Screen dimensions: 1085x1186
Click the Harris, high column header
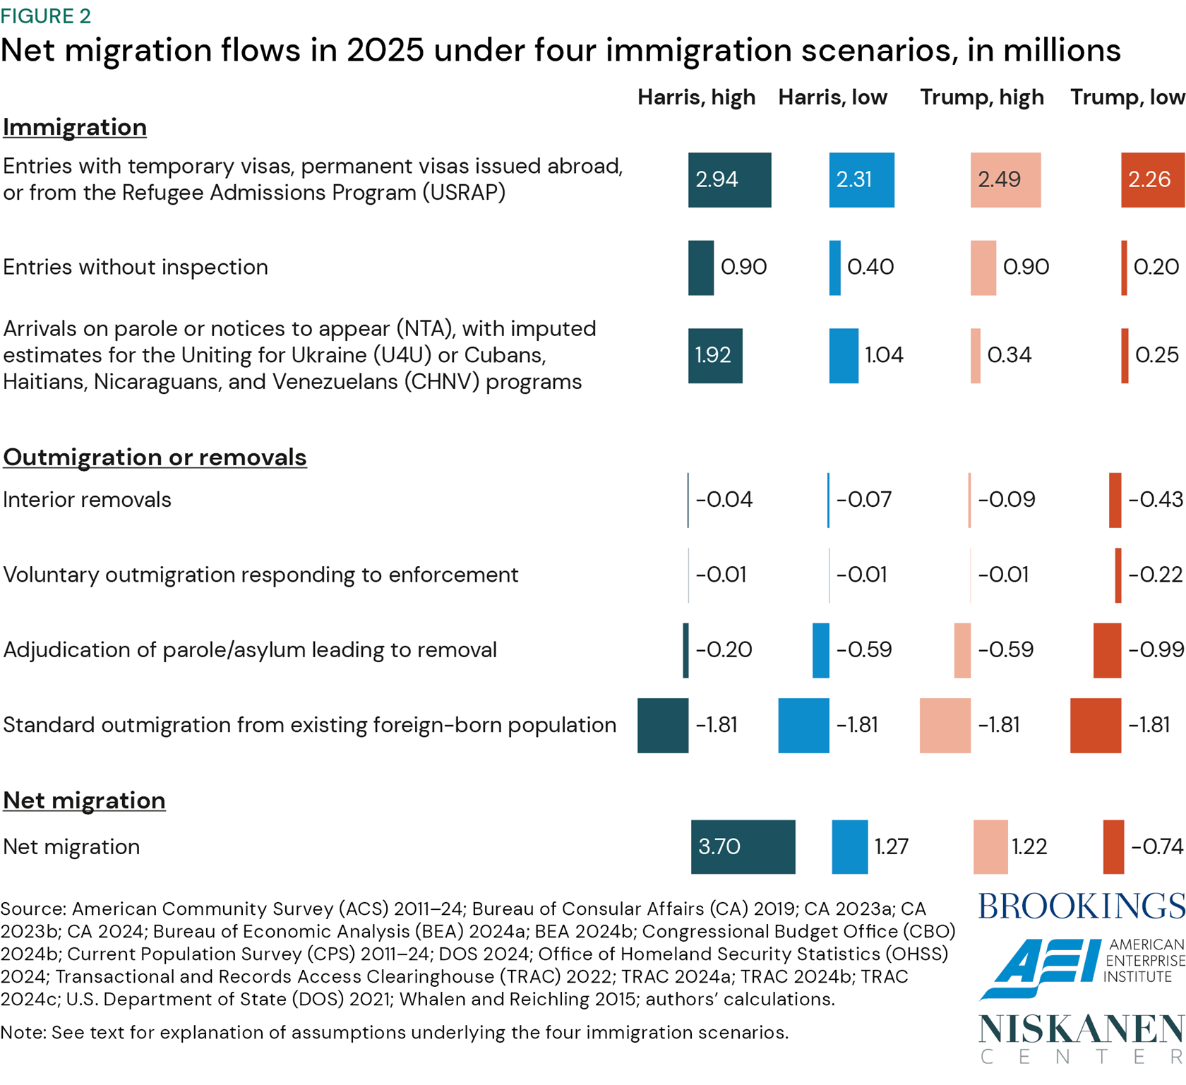point(696,97)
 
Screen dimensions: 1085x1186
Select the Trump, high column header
point(981,97)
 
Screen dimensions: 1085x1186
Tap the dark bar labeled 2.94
point(729,179)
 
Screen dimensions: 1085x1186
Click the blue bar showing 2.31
point(861,179)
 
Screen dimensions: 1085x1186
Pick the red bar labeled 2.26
point(1152,179)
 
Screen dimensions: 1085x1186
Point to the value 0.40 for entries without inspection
point(870,267)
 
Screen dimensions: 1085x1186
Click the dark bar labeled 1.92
point(714,355)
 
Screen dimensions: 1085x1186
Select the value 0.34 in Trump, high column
point(1010,355)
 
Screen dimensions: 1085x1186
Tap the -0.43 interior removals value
point(1155,500)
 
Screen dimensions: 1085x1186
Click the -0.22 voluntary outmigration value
point(1155,575)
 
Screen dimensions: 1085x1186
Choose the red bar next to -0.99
point(1106,650)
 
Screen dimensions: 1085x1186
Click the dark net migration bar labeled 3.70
point(743,846)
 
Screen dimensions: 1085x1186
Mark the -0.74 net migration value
point(1156,846)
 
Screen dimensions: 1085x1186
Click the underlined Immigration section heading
point(75,127)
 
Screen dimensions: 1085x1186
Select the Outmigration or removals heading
point(155,457)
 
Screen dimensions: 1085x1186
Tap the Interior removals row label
point(87,500)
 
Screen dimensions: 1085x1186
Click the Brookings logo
point(1081,906)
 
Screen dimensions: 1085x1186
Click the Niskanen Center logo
point(1081,1037)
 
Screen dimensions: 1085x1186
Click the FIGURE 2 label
point(46,16)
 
